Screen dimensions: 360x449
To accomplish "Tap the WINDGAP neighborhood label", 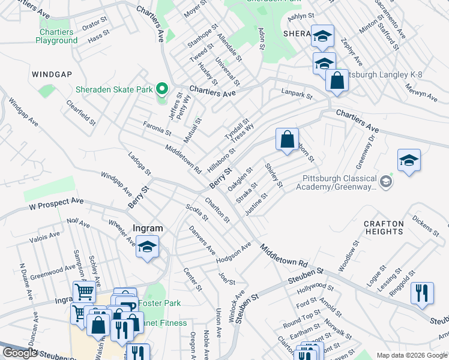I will (x=52, y=74).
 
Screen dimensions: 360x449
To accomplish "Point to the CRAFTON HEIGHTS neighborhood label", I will (x=384, y=227).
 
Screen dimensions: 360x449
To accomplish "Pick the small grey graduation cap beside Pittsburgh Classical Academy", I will (x=387, y=181).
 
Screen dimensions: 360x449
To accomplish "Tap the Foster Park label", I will (x=159, y=304).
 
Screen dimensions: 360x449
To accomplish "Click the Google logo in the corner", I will (x=20, y=353).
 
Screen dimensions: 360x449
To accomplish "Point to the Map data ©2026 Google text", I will (x=411, y=355).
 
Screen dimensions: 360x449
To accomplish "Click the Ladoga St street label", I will (x=139, y=164).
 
